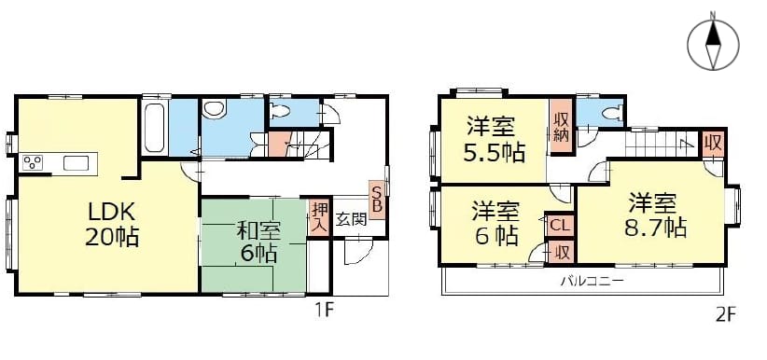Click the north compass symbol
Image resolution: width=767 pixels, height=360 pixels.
click(713, 45)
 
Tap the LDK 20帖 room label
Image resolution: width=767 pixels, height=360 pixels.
click(112, 224)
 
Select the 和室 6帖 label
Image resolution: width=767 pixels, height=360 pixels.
click(257, 242)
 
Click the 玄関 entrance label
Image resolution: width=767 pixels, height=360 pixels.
click(351, 219)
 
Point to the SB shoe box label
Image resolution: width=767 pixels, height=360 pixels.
click(377, 198)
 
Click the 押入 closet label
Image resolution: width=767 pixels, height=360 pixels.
click(316, 217)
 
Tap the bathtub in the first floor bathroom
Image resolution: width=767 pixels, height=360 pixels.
click(155, 127)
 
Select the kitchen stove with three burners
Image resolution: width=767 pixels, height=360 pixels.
click(33, 162)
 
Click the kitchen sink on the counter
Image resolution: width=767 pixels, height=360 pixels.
click(76, 163)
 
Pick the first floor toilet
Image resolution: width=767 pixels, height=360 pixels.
click(281, 111)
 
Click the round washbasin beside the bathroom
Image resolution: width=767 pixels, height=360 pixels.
click(214, 109)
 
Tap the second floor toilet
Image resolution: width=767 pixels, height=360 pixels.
click(612, 114)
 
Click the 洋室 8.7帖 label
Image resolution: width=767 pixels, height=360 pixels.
click(655, 215)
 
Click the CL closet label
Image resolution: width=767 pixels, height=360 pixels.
click(559, 226)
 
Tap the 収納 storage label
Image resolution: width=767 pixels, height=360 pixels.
click(560, 128)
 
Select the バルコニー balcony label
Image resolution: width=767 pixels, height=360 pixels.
click(592, 282)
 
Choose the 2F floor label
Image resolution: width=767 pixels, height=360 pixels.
click(726, 313)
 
